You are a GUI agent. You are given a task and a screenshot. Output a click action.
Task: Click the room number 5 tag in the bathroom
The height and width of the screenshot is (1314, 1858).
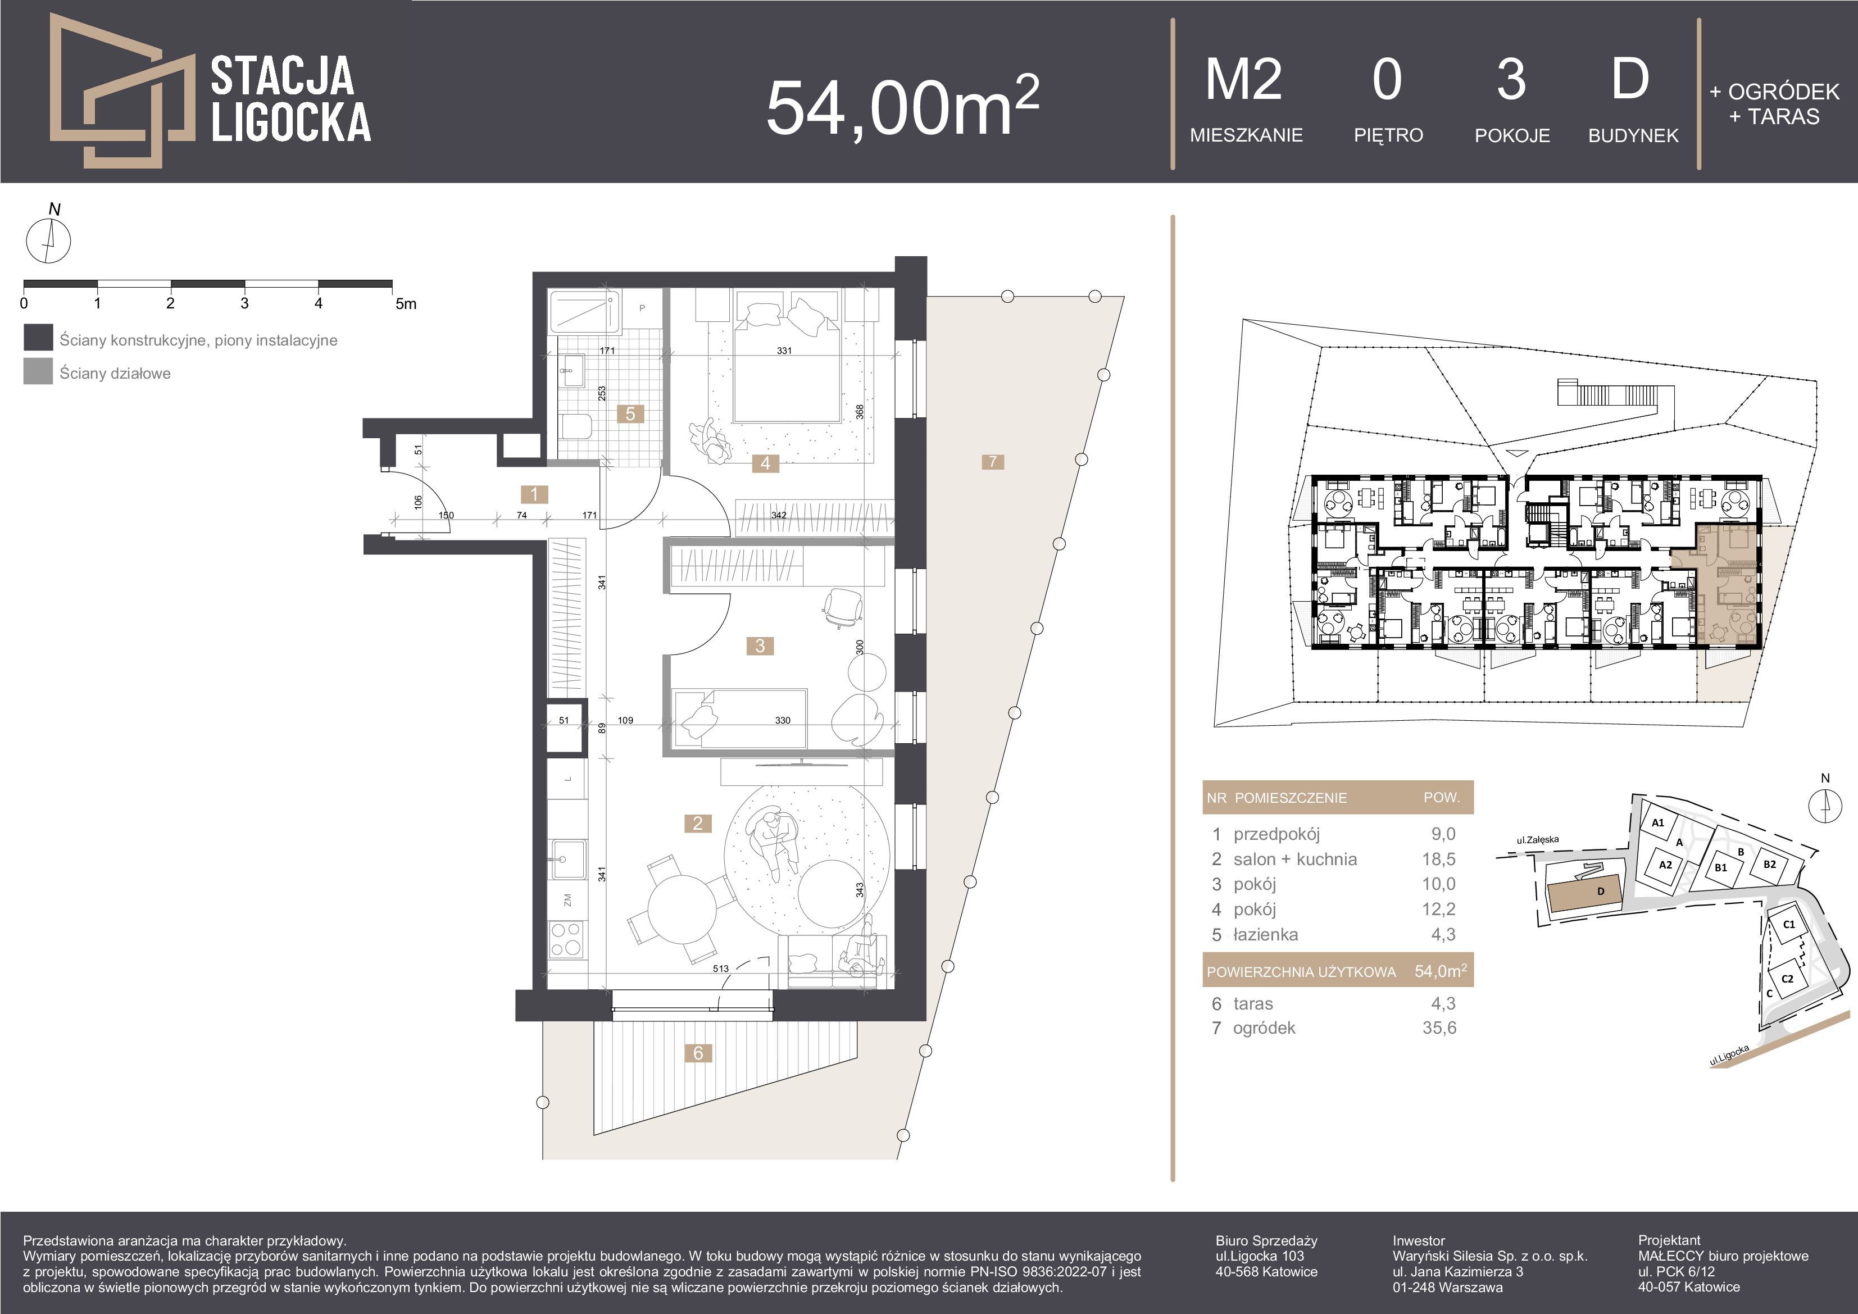630,413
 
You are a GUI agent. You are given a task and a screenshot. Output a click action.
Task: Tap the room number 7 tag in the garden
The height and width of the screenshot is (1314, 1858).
993,462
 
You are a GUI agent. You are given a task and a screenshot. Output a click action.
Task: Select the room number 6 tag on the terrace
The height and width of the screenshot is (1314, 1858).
698,1053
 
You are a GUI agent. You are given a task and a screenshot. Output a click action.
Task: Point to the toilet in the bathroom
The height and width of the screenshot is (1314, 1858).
575,427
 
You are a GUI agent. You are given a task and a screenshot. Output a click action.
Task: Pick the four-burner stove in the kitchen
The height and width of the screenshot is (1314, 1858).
566,939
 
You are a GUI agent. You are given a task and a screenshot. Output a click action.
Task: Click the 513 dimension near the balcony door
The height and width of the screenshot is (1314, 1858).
720,968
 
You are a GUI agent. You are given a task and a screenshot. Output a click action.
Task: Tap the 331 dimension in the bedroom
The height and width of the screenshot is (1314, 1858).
783,351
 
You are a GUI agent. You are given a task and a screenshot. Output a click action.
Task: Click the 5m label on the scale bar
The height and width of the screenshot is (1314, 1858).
406,304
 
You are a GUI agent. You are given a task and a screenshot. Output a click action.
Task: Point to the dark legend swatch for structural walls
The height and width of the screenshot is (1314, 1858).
38,338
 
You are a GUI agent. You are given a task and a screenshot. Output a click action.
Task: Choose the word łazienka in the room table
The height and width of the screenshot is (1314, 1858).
1266,935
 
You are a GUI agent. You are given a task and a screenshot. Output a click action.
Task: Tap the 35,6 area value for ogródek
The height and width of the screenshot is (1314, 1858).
1439,1029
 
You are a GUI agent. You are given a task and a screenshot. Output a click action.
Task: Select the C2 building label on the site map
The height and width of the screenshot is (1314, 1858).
1788,978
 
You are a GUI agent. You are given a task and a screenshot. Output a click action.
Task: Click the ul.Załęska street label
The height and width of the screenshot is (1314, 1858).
1538,840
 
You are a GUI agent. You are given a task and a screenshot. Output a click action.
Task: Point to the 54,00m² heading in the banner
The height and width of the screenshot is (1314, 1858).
902,105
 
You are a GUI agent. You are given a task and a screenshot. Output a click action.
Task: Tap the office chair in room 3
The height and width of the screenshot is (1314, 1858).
842,607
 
